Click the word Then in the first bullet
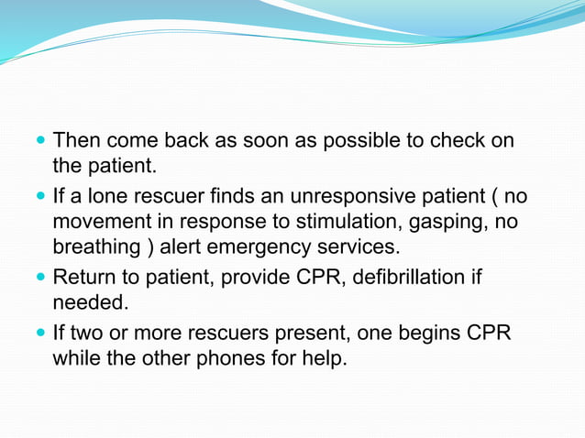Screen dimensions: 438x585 coord(77,141)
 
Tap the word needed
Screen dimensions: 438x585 coord(88,301)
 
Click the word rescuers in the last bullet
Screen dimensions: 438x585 coord(221,331)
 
